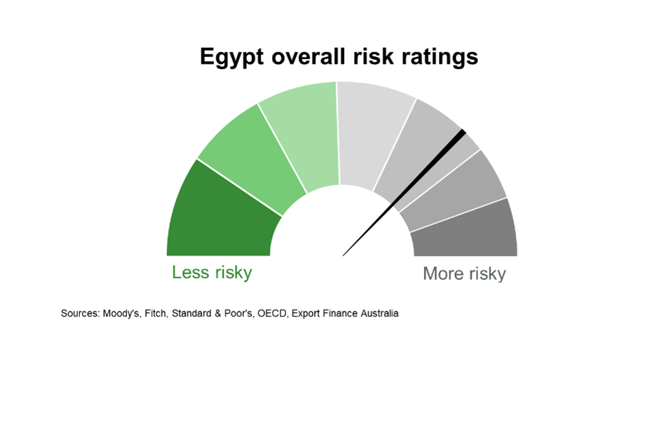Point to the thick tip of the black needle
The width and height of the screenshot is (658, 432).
[x=463, y=132]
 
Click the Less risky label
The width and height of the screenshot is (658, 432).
[x=212, y=273]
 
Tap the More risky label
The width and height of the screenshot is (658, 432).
[x=464, y=274]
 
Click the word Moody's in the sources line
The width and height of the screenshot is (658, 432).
[x=121, y=314]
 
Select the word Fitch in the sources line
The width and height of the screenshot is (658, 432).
[x=156, y=314]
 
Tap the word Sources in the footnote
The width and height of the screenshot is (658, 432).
[x=80, y=314]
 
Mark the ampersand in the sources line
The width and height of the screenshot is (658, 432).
[x=218, y=314]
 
